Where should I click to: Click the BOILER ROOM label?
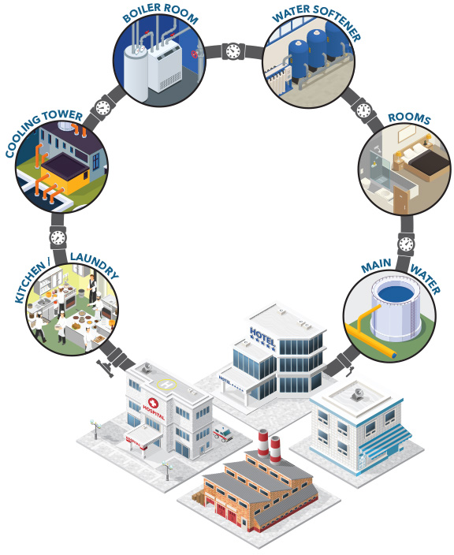coord(160,13)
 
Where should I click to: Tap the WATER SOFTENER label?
coord(317,20)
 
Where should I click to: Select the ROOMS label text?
coord(409,118)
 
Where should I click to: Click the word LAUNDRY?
coord(94,265)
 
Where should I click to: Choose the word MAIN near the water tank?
coord(376,266)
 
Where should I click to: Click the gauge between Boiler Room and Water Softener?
coord(233,51)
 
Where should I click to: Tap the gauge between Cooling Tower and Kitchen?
coord(58,237)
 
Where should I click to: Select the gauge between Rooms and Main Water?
coord(406,244)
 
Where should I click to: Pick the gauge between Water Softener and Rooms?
coord(363,110)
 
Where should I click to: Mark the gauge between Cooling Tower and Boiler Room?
coord(102,107)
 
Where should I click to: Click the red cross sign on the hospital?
coord(153,403)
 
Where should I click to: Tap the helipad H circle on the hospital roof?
coord(167,384)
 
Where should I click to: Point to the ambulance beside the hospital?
coord(223,434)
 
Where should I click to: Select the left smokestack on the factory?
coord(263,443)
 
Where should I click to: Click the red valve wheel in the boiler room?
coord(194,54)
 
